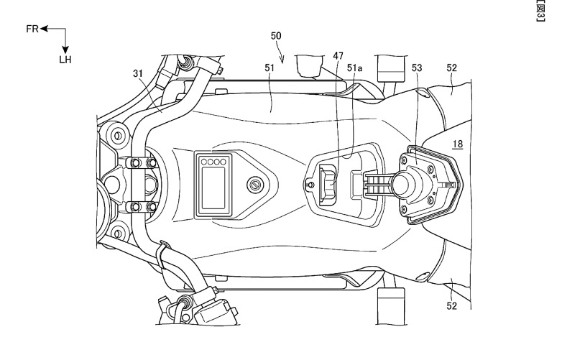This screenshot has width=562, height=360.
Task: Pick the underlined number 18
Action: pyautogui.click(x=456, y=144)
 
